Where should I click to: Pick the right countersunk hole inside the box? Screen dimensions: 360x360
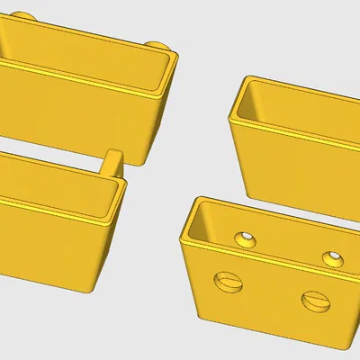click(331, 258)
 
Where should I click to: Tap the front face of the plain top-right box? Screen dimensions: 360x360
click(288, 166)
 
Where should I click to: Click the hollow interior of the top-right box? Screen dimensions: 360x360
click(297, 112)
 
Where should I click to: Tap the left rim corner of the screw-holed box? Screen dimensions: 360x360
click(184, 241)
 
